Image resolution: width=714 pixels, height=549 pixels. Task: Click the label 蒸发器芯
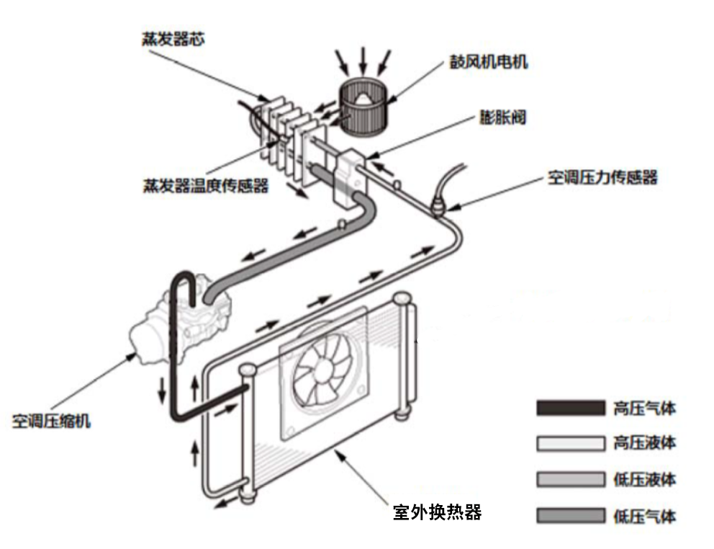(x=172, y=39)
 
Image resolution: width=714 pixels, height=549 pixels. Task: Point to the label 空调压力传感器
(x=602, y=177)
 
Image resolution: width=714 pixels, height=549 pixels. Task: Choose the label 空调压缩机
(x=51, y=421)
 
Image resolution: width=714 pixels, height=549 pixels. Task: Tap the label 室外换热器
(x=436, y=512)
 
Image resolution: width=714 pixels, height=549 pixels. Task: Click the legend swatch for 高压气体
(x=569, y=409)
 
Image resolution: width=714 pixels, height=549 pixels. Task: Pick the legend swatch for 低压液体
(x=569, y=479)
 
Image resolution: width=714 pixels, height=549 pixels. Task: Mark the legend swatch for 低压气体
(x=569, y=515)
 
